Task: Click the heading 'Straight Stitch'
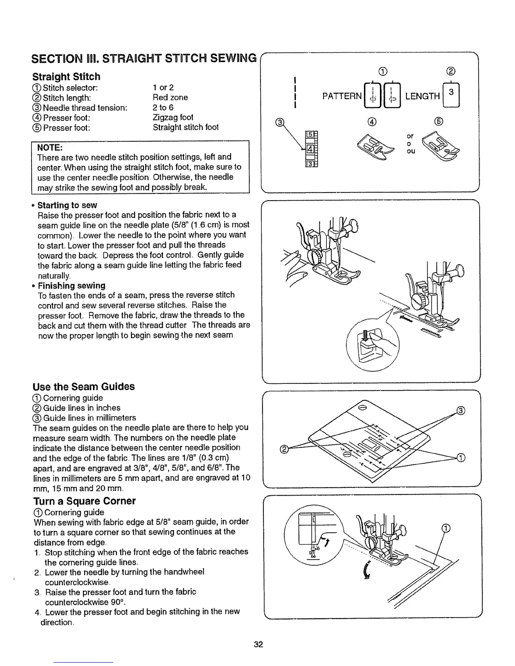66,77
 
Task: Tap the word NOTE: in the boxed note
50,147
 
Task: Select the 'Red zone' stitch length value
170,98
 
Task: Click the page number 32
258,645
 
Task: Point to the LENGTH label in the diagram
422,96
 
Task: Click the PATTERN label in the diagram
342,96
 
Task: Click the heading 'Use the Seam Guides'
83,386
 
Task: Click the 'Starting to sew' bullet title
67,205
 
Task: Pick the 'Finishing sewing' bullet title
72,285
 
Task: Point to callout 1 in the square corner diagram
447,529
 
